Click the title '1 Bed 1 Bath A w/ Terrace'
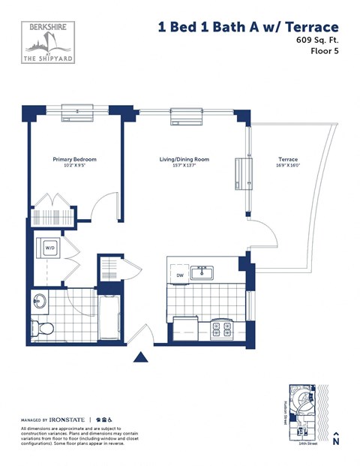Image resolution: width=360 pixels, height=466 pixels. (243, 27)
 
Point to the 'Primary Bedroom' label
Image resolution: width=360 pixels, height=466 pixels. (74, 159)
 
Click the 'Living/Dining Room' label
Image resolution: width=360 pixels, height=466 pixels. (183, 159)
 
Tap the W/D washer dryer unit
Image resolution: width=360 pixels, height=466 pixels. (51, 247)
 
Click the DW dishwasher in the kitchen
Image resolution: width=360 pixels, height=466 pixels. (180, 275)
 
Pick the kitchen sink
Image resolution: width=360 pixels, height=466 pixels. (201, 272)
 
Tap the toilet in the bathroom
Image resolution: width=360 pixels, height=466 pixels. (43, 327)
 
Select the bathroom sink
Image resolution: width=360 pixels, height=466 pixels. (40, 302)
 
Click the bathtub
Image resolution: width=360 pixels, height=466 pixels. (109, 315)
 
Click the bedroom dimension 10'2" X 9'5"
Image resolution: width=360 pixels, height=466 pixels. (74, 167)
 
